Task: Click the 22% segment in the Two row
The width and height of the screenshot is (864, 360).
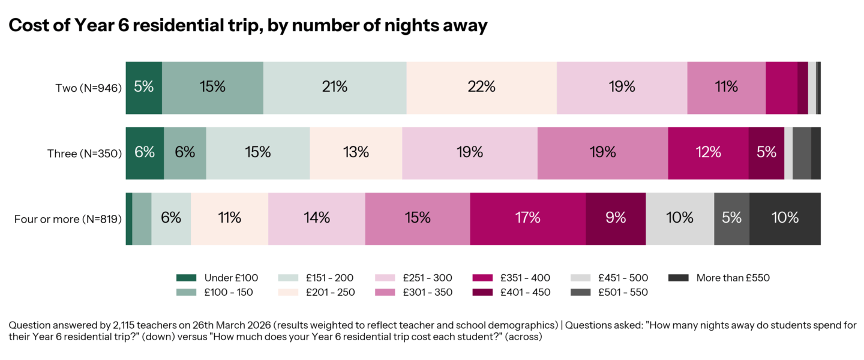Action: pos(481,88)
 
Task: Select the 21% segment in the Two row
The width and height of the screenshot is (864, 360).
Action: pos(335,88)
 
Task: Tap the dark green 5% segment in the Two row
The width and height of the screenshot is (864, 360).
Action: pos(143,88)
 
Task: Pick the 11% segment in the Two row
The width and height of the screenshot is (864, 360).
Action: pos(726,88)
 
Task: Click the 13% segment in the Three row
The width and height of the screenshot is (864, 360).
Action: pos(356,153)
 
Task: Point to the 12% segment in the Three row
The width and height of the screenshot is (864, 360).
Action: pos(708,153)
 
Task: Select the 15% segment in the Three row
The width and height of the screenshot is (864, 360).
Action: pos(258,153)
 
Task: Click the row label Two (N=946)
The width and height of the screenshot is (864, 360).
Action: pos(89,88)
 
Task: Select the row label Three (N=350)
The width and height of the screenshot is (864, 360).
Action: pos(85,154)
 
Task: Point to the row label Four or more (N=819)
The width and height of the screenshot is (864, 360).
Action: pos(68,219)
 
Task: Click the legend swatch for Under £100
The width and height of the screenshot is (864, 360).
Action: pos(186,278)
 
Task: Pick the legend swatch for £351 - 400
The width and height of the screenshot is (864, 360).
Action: pos(483,278)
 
